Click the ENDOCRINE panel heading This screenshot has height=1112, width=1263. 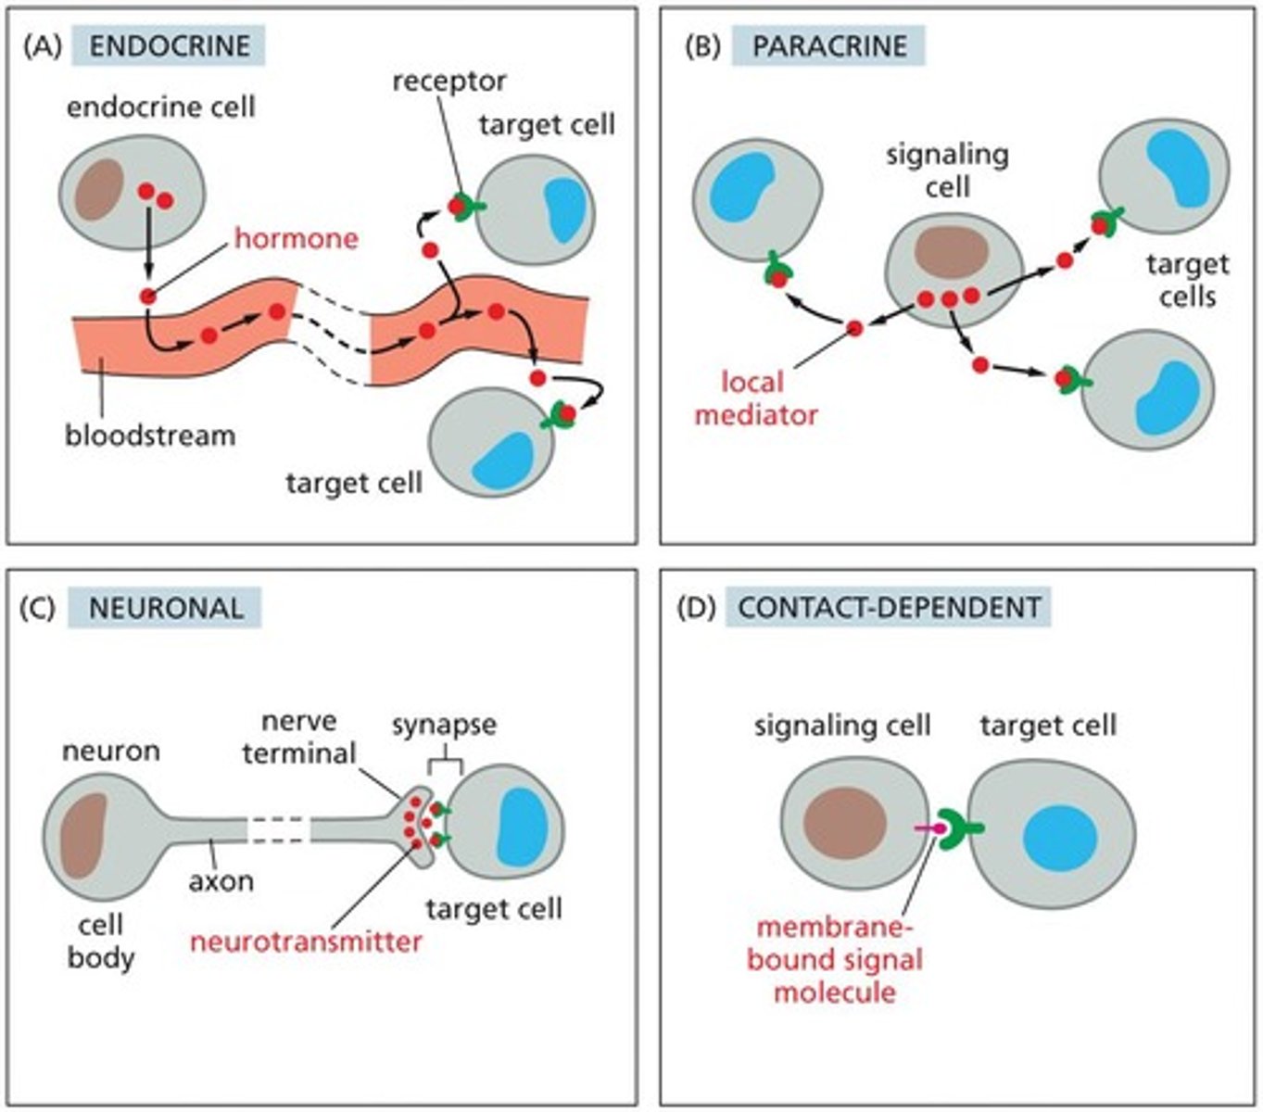(169, 45)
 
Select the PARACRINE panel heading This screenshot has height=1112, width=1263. (828, 45)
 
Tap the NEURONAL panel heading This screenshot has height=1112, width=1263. (166, 607)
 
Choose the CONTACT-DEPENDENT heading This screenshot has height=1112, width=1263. (890, 607)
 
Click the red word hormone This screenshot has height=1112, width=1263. (296, 238)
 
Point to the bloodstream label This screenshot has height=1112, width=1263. (150, 435)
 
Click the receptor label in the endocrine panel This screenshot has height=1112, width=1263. (448, 81)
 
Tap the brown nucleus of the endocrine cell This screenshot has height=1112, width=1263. (100, 188)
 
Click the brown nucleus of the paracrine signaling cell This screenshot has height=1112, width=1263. (952, 251)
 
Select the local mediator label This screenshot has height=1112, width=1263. (755, 398)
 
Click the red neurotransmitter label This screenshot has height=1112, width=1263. (306, 941)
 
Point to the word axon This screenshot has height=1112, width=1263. (221, 879)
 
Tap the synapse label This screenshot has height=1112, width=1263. (443, 724)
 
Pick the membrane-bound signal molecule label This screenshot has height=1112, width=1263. (834, 959)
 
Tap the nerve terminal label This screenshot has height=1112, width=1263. (298, 737)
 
